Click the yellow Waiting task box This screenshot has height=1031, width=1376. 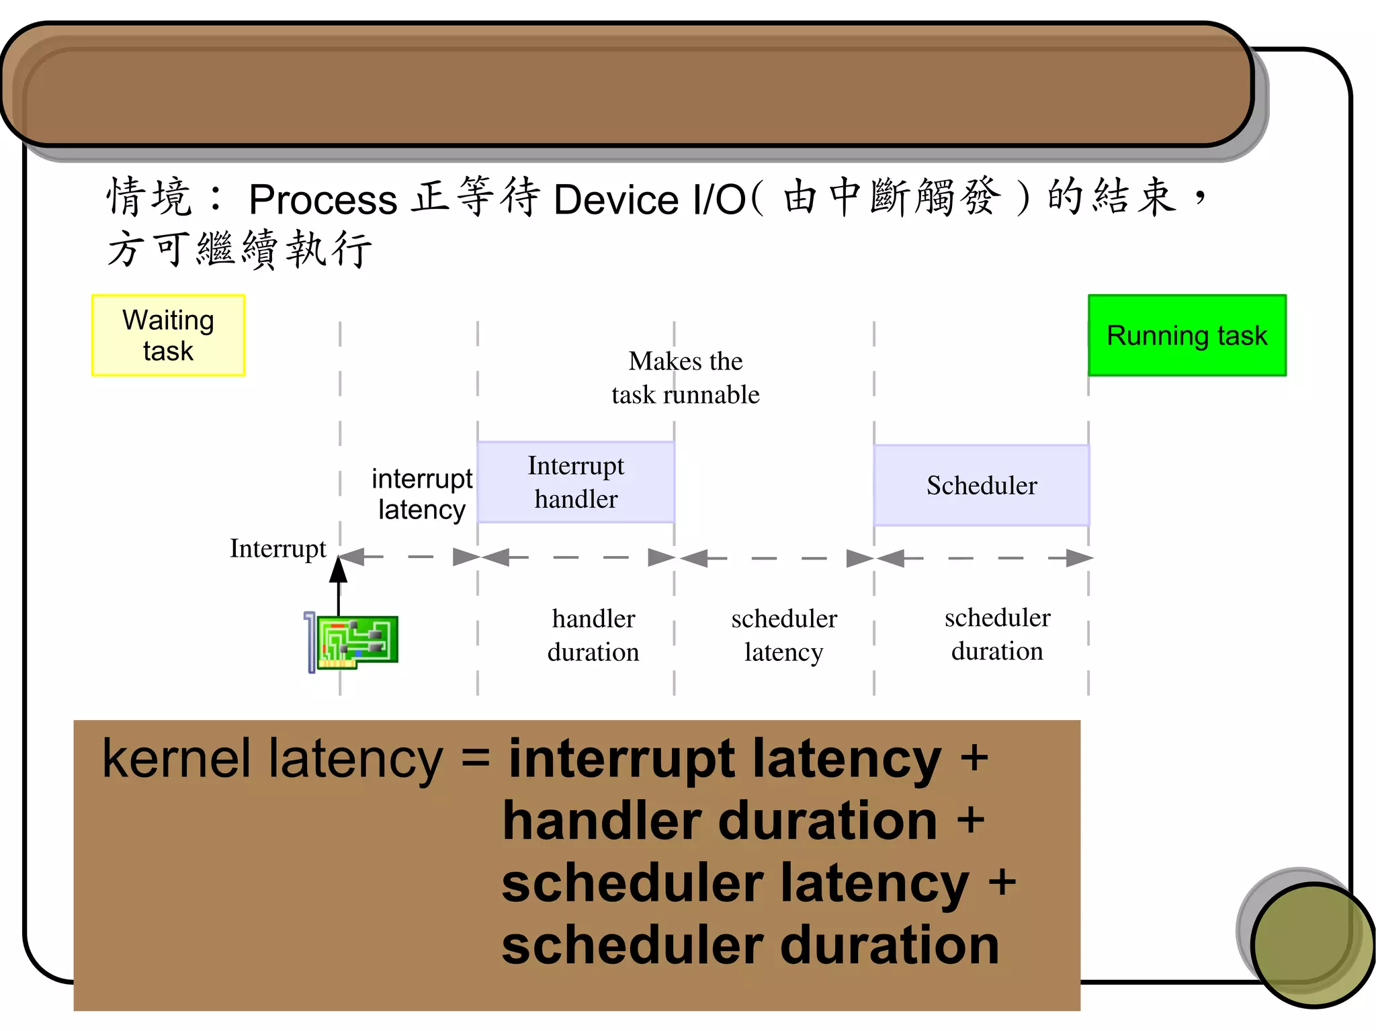point(168,335)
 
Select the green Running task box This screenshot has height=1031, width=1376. point(1187,335)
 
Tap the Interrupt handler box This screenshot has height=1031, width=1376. point(576,482)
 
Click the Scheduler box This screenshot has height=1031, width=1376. point(982,485)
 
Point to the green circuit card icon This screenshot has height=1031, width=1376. point(356,641)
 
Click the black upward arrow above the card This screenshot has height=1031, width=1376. point(338,584)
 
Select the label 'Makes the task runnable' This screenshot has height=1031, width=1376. point(685,377)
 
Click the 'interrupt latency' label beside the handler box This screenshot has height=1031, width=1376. point(422,494)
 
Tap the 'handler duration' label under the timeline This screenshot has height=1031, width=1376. point(593,635)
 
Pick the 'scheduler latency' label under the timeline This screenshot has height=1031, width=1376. point(784,635)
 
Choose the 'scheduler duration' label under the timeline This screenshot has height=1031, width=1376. point(997,634)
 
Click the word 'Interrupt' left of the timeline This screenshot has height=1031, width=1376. point(277,549)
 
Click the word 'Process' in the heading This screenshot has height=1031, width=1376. point(323,199)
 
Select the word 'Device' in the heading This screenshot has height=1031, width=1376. point(616,199)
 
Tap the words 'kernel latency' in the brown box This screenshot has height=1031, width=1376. point(272,759)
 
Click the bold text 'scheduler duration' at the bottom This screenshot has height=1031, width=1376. point(750,945)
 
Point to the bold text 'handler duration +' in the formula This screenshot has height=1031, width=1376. point(742,821)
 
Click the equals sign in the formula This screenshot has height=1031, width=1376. point(476,759)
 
